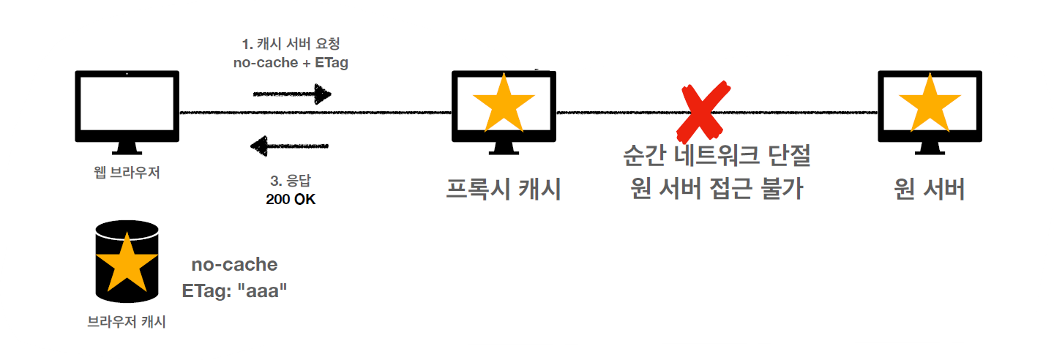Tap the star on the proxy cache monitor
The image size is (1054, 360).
[504, 103]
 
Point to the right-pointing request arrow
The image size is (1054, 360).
[291, 94]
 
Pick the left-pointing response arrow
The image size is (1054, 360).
[290, 146]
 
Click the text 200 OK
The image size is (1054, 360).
[291, 199]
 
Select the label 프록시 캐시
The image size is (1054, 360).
[504, 190]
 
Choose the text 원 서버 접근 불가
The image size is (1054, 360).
[717, 190]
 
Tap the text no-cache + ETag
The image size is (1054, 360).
[291, 63]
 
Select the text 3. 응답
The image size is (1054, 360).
[291, 181]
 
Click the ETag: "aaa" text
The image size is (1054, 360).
[234, 290]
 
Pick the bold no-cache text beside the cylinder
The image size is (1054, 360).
[234, 264]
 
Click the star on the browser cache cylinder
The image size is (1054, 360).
[127, 263]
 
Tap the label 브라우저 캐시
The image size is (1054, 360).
[127, 321]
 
